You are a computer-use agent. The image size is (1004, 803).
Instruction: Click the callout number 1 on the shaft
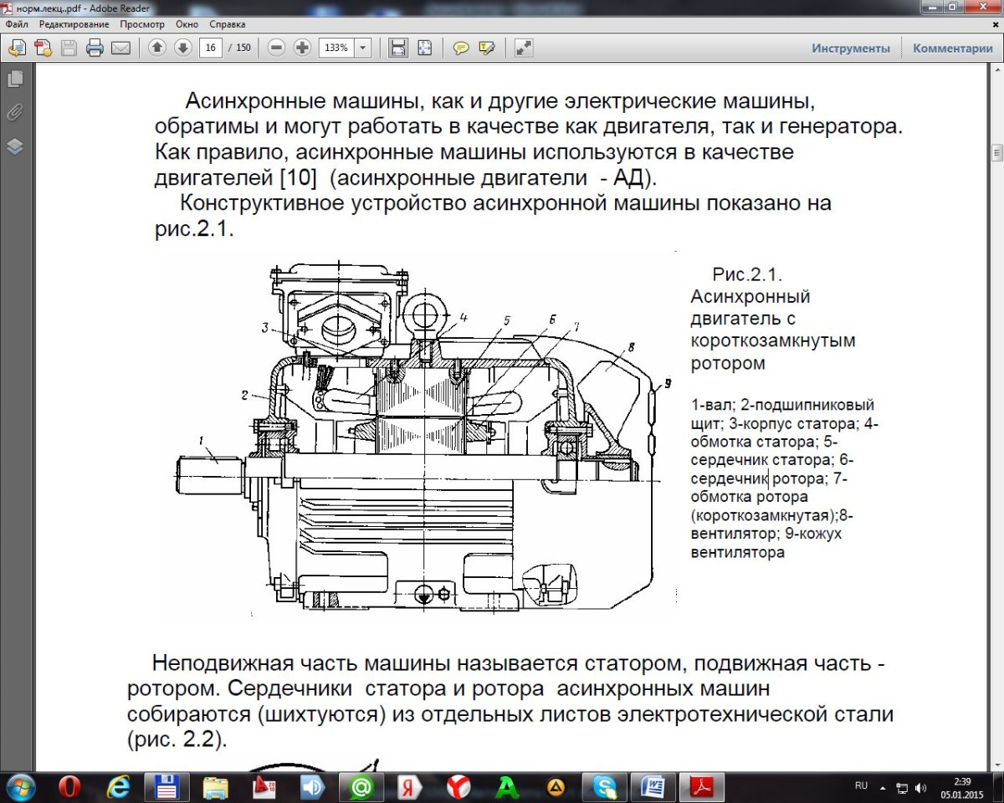pyautogui.click(x=202, y=440)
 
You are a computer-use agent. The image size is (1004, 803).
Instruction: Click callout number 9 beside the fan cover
pyautogui.click(x=667, y=384)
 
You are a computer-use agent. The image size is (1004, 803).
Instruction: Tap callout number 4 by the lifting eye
pyautogui.click(x=463, y=318)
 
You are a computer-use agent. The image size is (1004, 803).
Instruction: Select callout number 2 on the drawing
pyautogui.click(x=245, y=393)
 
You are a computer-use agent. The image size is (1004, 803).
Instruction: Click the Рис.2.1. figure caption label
pyautogui.click(x=746, y=274)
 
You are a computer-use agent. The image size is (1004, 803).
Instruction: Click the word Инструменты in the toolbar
pyautogui.click(x=850, y=49)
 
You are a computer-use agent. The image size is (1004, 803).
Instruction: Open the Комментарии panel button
pyautogui.click(x=952, y=49)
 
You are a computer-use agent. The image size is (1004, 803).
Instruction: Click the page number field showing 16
pyautogui.click(x=211, y=48)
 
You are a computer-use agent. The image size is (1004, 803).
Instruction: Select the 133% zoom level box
pyautogui.click(x=336, y=48)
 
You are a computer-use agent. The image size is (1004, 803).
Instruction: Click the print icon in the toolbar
pyautogui.click(x=95, y=48)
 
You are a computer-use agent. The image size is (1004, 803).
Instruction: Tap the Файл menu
pyautogui.click(x=17, y=24)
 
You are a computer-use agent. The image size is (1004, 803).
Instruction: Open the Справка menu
pyautogui.click(x=227, y=24)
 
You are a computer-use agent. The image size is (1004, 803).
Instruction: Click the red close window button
pyautogui.click(x=981, y=7)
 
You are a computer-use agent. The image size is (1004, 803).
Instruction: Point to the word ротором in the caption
pyautogui.click(x=728, y=363)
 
